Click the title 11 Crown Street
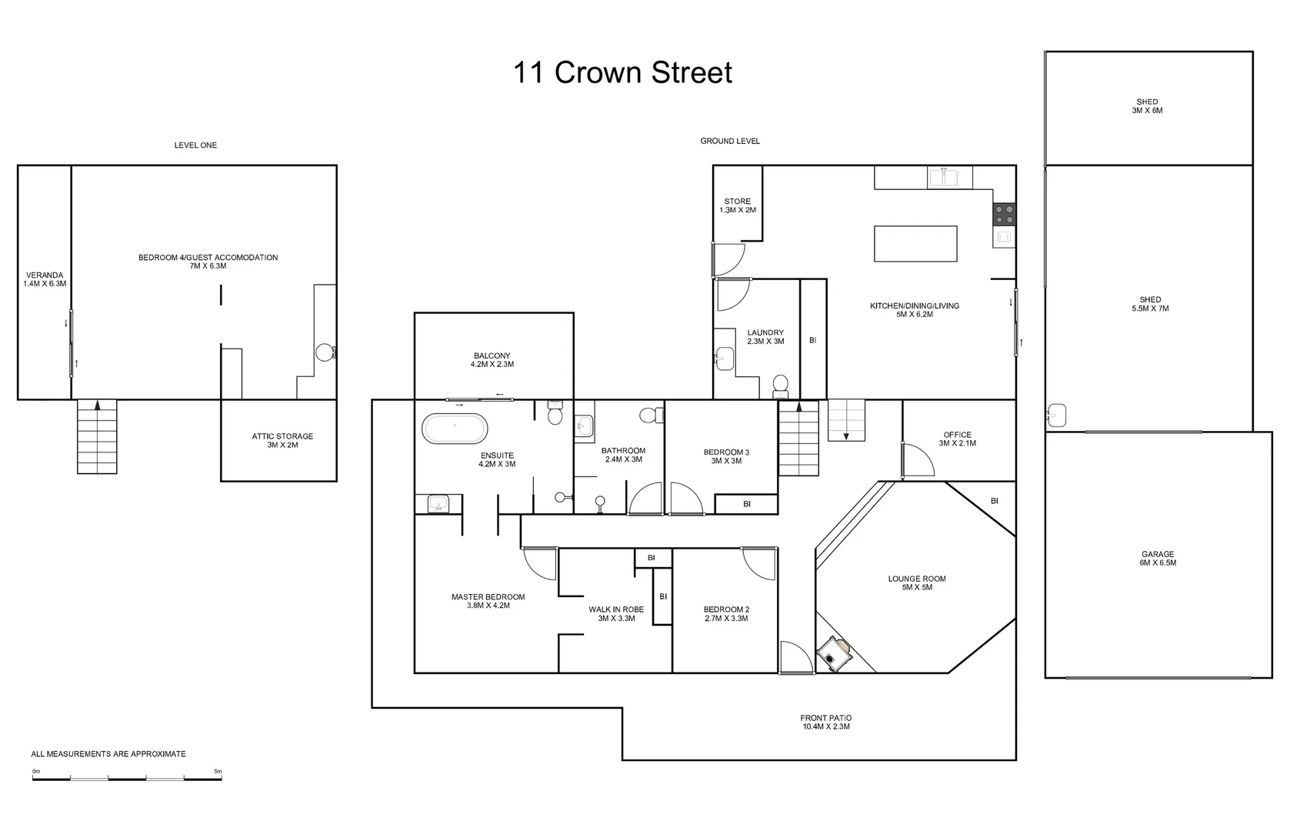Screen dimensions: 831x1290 point(622,73)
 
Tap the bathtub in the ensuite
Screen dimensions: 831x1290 point(455,429)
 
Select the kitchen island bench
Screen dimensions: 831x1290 point(915,244)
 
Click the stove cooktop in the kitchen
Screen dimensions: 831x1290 point(1004,213)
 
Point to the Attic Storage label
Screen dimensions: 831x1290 point(282,440)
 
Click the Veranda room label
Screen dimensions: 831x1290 point(45,279)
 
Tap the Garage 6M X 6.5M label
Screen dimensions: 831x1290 point(1158,558)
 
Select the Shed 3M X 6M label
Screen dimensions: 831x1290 point(1147,106)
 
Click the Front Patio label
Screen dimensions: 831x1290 point(825,722)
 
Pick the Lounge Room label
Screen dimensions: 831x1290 point(917,582)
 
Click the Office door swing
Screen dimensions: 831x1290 point(917,460)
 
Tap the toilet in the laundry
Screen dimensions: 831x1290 point(780,385)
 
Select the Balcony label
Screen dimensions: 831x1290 point(492,360)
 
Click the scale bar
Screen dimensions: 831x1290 point(127,779)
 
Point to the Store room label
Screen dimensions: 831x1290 point(738,205)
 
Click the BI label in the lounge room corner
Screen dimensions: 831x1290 point(994,501)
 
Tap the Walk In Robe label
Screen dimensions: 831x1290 point(616,613)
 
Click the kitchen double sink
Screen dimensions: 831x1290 point(943,177)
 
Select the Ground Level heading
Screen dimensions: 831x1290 point(730,141)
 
